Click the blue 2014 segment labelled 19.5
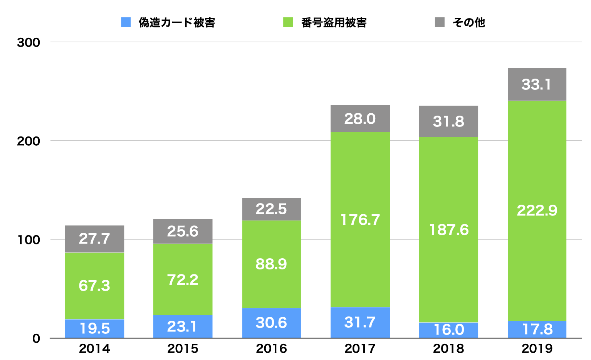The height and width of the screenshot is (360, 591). point(94,328)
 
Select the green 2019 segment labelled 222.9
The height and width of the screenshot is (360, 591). point(537,210)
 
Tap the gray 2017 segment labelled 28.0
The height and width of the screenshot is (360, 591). point(360,119)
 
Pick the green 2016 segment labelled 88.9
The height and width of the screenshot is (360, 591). point(271,264)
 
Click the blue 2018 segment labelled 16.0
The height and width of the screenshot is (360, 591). point(448,330)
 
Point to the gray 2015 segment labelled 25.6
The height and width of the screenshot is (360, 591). point(183,231)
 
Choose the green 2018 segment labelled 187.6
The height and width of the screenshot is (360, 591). point(448,230)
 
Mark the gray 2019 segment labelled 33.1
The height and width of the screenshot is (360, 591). point(537,84)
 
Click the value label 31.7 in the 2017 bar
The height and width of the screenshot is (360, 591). point(360,322)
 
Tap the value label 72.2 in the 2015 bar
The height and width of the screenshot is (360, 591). point(183,280)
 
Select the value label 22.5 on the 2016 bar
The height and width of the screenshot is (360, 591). point(271,209)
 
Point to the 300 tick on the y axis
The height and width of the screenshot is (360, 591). point(29,42)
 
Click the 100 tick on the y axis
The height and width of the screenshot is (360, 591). point(29,240)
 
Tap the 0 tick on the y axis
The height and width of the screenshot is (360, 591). point(36,338)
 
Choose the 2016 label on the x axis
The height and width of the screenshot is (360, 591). point(271,348)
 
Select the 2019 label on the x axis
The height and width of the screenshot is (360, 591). point(537,348)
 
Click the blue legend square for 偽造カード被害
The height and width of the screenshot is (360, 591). point(126,22)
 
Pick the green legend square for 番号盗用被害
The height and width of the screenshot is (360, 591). point(288,22)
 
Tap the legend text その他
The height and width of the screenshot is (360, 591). point(469,22)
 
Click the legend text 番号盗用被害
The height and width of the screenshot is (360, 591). point(334,22)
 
